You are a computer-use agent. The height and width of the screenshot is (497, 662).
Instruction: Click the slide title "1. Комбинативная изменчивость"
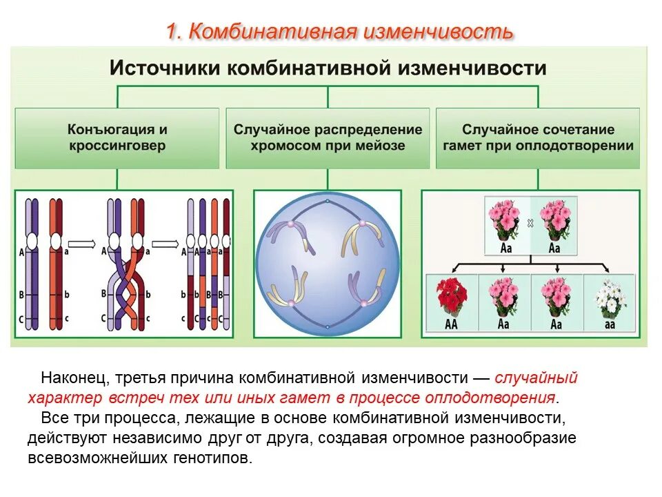(339, 31)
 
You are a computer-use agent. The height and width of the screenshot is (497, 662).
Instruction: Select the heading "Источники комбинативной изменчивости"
(328, 68)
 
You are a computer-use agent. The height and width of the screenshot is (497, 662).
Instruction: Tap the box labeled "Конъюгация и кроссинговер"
(117, 137)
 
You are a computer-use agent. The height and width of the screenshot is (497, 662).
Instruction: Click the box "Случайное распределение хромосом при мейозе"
(328, 137)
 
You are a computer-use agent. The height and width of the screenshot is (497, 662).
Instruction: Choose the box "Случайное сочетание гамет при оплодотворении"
(539, 137)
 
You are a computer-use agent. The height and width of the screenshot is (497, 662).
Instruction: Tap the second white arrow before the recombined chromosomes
(165, 243)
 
